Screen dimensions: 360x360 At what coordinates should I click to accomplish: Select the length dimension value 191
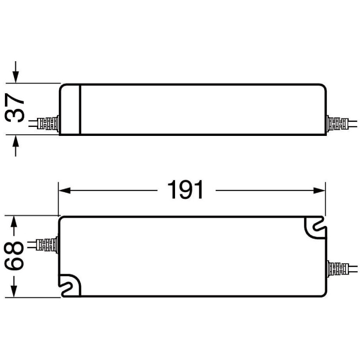185,190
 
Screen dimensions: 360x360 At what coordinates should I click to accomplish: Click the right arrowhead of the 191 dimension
320,190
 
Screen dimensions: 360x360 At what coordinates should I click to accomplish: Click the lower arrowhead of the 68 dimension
14,291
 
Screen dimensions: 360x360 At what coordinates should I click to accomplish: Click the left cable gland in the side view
49,123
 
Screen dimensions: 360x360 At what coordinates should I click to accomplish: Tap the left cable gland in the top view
48,245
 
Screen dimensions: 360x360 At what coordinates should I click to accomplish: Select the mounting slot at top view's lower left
70,286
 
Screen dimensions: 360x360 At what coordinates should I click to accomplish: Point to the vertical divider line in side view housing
80,109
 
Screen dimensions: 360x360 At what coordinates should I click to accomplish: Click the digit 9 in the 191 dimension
185,190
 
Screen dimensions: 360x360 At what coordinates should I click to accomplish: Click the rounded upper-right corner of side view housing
322,87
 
